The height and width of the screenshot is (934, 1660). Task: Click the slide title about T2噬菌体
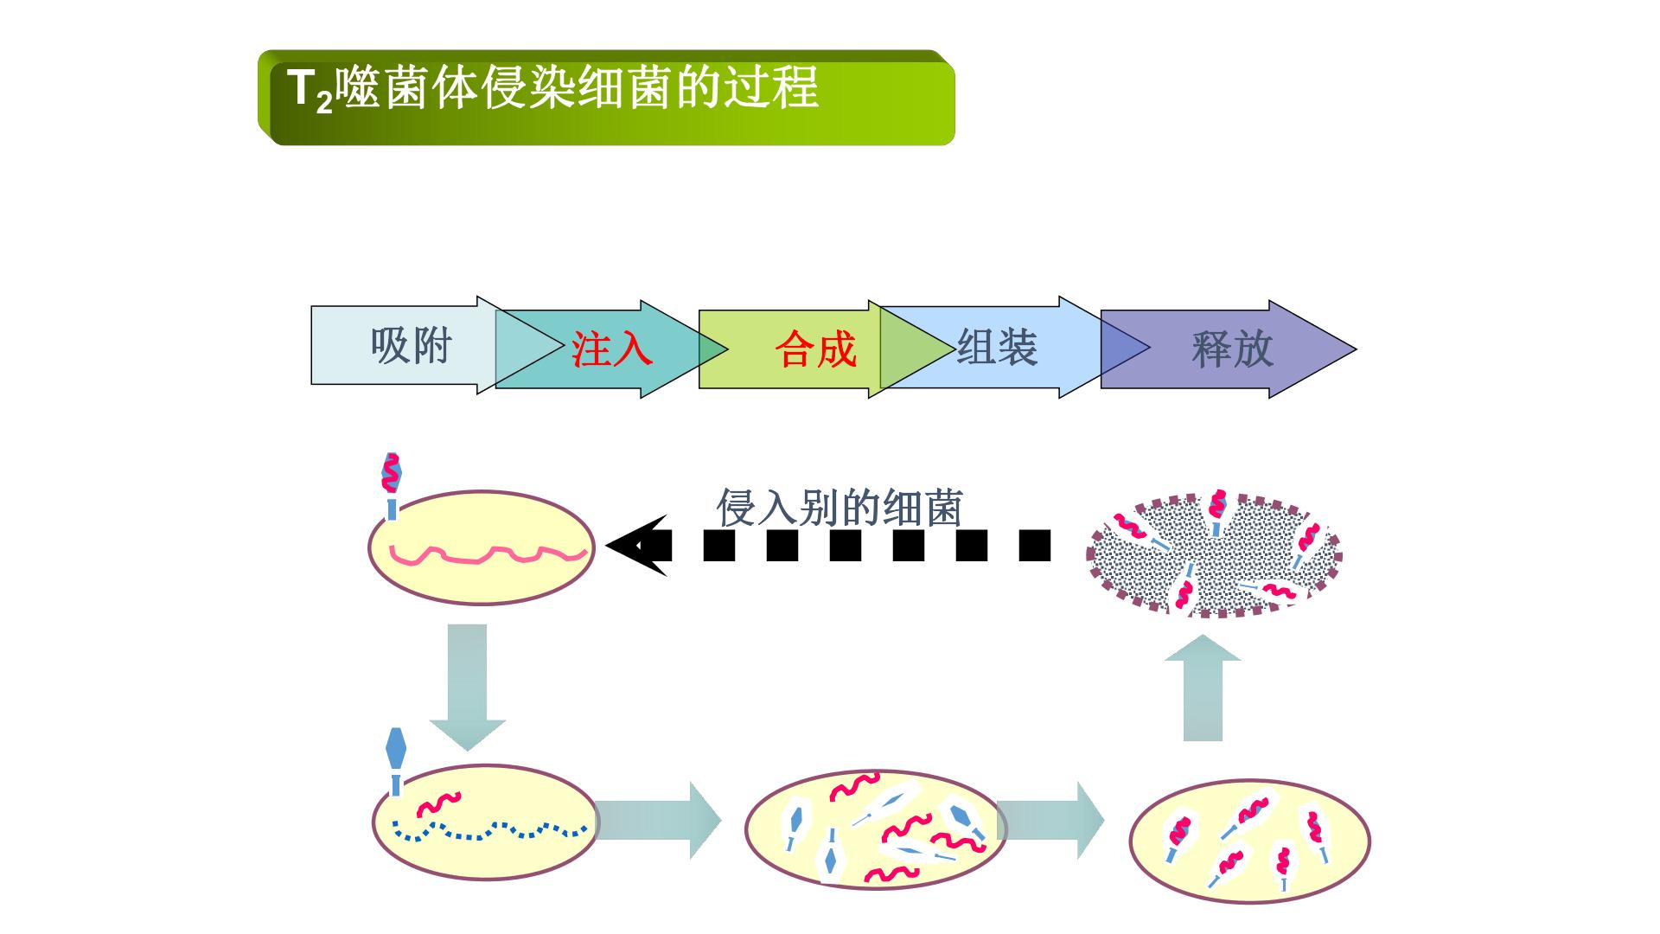coord(552,88)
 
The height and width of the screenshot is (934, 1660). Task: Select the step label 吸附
coord(412,346)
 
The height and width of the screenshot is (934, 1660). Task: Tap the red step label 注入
coord(611,349)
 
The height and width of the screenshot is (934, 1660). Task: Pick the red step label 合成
coord(815,349)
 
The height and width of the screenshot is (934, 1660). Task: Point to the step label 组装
coord(997,347)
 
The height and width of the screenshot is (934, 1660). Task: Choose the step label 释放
coord(1232,349)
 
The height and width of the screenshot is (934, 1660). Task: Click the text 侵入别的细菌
coord(840,508)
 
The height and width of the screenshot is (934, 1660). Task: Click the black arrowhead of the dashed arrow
coord(637,546)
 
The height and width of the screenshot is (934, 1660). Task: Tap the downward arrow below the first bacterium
coord(468,687)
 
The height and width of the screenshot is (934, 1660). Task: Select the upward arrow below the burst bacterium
coord(1203,688)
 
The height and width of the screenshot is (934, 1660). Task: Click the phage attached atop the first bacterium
coord(392,485)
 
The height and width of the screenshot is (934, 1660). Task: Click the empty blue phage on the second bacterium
coord(396,761)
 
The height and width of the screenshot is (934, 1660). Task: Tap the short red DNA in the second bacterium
coord(439,804)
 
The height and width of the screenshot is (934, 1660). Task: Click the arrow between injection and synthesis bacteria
coord(658,820)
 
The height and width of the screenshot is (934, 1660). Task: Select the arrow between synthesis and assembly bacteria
coord(1050,820)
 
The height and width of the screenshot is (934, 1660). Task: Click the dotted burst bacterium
coord(1214,554)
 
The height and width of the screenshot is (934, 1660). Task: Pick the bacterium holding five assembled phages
coord(1250,841)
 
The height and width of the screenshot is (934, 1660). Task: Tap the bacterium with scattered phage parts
coord(876,828)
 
